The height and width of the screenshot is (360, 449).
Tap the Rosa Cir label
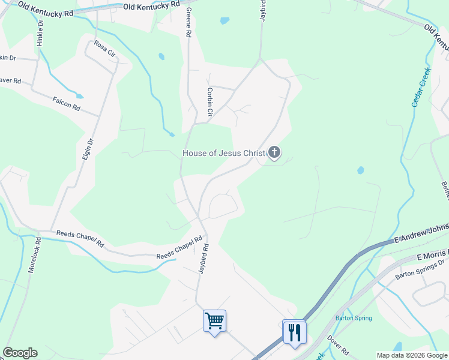104,49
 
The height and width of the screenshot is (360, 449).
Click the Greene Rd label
188,23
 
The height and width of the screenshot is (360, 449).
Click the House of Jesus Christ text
223,153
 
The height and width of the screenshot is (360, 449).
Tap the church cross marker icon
274,153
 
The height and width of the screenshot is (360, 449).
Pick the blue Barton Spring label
354,318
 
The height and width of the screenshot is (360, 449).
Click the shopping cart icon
214,320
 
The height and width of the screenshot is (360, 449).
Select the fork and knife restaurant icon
294,331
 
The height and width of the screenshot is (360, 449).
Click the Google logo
20,353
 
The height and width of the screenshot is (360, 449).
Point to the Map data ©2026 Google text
411,355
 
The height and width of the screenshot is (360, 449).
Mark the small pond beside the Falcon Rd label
79,96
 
